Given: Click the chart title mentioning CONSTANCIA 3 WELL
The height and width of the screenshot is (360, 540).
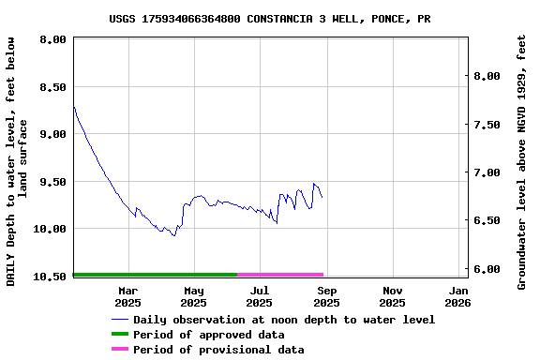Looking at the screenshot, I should [x=270, y=18].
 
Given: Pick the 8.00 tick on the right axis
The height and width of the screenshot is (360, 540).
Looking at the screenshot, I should [x=488, y=76].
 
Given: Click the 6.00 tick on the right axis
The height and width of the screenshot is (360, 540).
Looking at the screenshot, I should [x=488, y=269].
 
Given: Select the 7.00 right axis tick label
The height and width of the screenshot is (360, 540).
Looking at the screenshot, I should [x=488, y=172].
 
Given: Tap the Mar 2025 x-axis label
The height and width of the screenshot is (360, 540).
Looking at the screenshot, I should [x=127, y=296].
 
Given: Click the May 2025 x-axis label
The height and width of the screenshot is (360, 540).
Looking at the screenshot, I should [x=193, y=296].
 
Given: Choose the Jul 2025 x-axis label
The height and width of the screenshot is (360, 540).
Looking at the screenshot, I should [x=260, y=296].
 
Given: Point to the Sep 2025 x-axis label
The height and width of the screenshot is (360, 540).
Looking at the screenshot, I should [x=326, y=296].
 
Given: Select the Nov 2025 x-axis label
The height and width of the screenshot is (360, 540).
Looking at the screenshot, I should [x=393, y=296].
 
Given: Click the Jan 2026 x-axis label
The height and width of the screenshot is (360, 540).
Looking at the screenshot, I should [x=458, y=296].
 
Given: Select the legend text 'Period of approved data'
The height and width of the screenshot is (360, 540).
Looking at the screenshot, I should [x=208, y=335].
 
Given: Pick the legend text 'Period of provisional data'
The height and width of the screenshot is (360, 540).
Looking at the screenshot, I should [x=218, y=350].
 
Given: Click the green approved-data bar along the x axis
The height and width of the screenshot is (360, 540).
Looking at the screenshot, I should [x=155, y=275].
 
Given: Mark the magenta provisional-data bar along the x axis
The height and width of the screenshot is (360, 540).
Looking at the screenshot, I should [x=280, y=275].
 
